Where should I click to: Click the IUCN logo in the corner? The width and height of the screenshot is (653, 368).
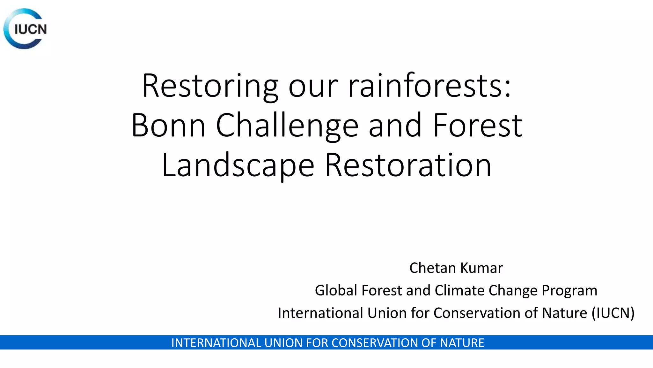coord(26,29)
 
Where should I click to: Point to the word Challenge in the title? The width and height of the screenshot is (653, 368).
coord(287,126)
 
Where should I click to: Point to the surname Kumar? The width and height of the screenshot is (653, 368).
coord(481,268)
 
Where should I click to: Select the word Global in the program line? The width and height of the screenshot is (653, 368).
coord(336,290)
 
